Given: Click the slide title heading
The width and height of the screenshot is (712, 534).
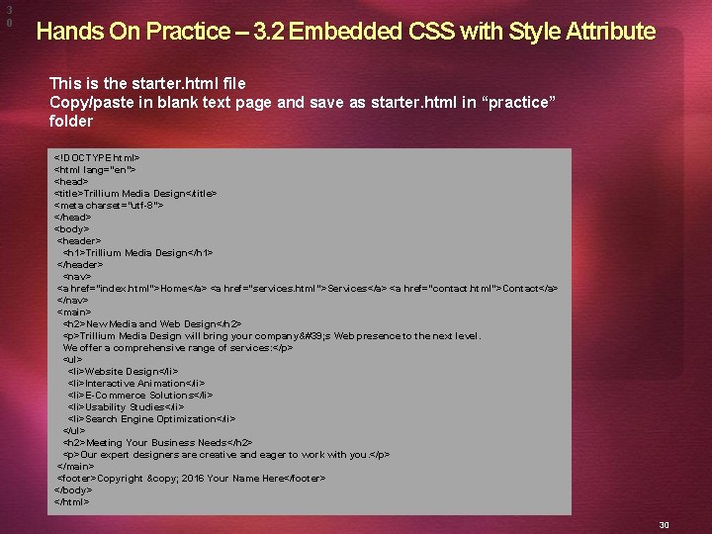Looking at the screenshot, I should (345, 32).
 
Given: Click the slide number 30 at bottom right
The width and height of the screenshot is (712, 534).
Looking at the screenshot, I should (664, 524).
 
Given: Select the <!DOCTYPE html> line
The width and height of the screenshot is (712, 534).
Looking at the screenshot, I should (97, 157).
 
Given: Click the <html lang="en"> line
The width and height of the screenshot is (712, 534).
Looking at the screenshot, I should (95, 169).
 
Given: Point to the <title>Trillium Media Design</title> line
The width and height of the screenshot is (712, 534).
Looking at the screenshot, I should (135, 193).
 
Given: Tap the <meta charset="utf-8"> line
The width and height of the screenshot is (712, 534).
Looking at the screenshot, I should (109, 205).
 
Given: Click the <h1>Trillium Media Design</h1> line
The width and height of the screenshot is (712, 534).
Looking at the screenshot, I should (137, 252).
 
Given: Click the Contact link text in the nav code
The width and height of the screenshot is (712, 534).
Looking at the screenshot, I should (521, 288).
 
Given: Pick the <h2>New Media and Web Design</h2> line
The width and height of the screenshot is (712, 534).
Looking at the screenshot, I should (152, 323).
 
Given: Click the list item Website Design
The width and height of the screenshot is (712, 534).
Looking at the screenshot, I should (124, 371).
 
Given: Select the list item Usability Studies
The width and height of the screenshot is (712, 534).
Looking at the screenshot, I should (127, 406).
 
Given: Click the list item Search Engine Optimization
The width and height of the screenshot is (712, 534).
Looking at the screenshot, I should (151, 418).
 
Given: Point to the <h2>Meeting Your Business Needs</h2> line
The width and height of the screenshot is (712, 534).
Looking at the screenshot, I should (157, 442).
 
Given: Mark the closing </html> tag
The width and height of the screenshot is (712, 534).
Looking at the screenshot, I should (71, 501).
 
